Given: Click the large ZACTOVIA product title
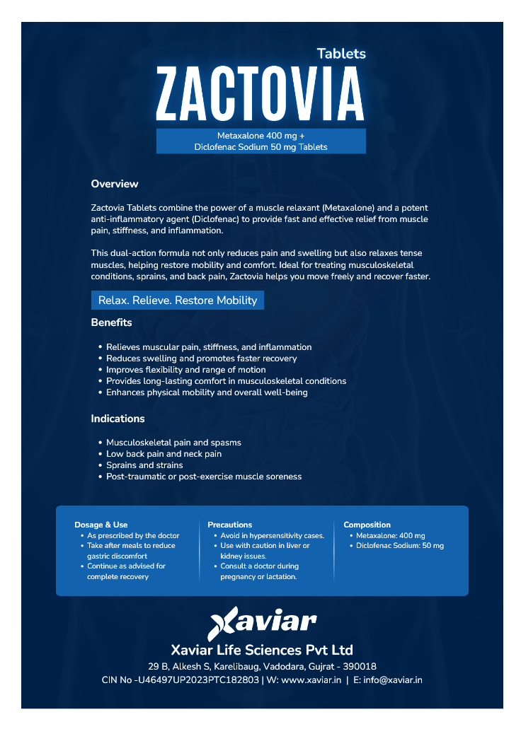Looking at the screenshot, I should coord(260,93).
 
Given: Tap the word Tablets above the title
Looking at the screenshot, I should coord(341,54).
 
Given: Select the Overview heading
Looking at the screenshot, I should coord(115,184).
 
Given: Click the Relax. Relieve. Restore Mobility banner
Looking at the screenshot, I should coord(178,301).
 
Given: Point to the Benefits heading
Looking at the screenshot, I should coord(111,322).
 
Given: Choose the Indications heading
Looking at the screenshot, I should coord(118,419).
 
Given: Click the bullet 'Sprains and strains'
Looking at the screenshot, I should coord(144,465).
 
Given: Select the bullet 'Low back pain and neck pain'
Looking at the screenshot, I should coord(164,454).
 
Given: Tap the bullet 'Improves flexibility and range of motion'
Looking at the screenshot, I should coord(186,370).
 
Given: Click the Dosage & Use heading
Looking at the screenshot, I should coord(101,525).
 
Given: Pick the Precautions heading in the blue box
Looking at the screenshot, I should coord(230,525).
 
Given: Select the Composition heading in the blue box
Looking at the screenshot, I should coord(367,525).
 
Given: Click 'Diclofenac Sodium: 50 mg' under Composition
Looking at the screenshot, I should coord(400,546).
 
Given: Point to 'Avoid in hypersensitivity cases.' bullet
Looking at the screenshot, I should coord(272,536).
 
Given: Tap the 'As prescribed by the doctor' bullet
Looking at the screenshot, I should coord(133,536).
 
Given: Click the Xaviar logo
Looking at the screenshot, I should coord(262,622).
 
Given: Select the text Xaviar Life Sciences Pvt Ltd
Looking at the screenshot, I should coord(262,650).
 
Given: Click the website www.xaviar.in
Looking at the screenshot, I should coord(311,680).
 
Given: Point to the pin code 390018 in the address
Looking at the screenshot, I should coord(360,667).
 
